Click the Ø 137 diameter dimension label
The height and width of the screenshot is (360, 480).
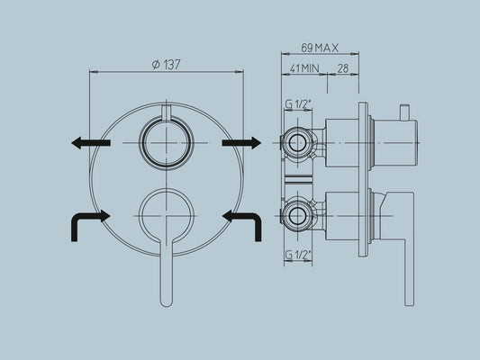pyautogui.click(x=167, y=64)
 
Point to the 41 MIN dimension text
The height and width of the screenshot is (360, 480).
pyautogui.click(x=304, y=67)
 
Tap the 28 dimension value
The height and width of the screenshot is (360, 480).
pyautogui.click(x=343, y=67)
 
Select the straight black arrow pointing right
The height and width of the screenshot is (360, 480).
pyautogui.click(x=241, y=142)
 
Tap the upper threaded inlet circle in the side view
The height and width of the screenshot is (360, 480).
pyautogui.click(x=296, y=142)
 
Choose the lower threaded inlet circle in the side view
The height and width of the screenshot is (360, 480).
pyautogui.click(x=296, y=215)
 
